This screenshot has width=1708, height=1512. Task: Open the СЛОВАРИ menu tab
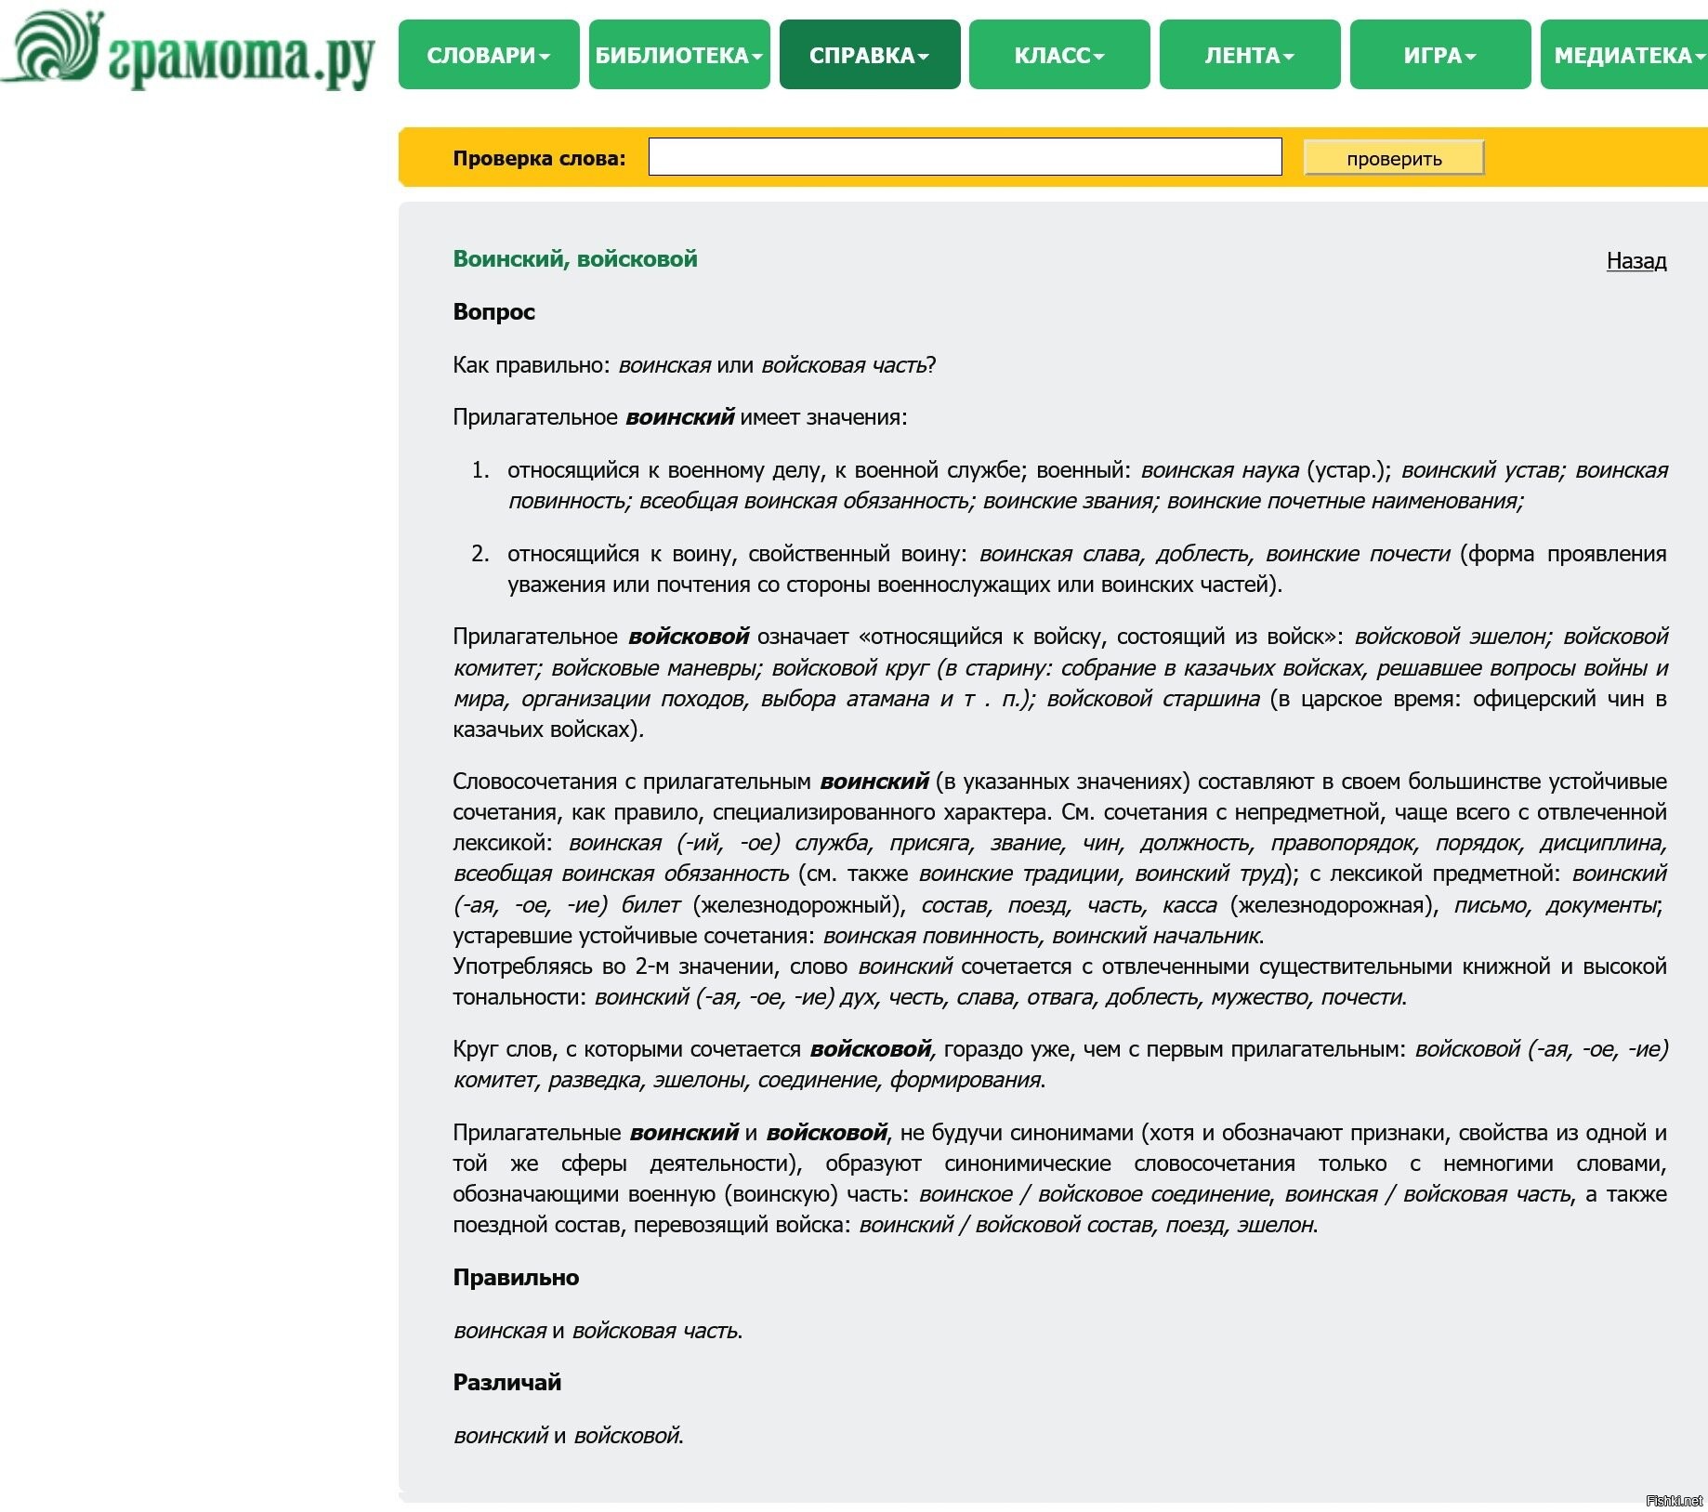coord(488,55)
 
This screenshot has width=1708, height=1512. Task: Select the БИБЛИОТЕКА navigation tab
coord(678,55)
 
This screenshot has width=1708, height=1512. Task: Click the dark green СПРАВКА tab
coord(869,55)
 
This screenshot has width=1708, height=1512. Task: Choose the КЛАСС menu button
coord(1058,55)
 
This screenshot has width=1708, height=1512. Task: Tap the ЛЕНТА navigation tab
coord(1249,55)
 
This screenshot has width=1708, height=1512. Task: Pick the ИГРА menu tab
coord(1439,55)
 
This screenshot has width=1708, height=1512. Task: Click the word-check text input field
coord(965,157)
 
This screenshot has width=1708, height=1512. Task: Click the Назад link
coord(1636,261)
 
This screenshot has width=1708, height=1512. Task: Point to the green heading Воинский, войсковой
coord(574,259)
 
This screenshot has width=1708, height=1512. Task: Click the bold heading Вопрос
coord(493,312)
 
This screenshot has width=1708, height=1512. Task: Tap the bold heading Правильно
coord(516,1278)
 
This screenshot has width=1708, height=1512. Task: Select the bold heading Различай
coord(506,1383)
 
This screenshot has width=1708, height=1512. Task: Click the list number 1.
coord(480,470)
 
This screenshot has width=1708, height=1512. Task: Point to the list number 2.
coord(480,554)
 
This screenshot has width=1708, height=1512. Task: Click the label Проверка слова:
coord(539,158)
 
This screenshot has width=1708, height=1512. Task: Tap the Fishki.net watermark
coord(1674,1501)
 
